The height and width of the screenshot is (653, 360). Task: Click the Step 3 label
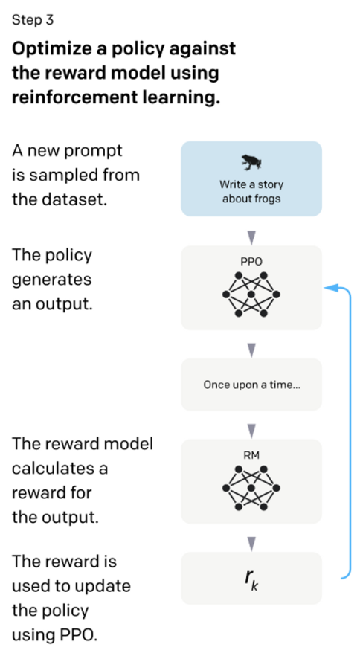[33, 19]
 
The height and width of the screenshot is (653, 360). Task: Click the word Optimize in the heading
[51, 49]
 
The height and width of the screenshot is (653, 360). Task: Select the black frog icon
[251, 162]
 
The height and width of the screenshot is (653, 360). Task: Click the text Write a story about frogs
[251, 192]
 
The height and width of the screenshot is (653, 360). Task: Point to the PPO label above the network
[251, 262]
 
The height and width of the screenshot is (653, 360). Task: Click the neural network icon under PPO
[251, 295]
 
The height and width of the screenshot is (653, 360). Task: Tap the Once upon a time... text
[251, 385]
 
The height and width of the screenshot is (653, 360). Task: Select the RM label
[251, 456]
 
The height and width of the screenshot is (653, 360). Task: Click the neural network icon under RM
[251, 488]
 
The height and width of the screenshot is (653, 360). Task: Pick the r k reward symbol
[251, 579]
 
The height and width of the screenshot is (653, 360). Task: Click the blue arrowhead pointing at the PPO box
[331, 287]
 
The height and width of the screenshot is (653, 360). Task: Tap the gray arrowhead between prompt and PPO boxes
[251, 238]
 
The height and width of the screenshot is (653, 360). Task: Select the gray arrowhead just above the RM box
[251, 431]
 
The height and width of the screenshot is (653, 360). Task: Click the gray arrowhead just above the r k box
[251, 544]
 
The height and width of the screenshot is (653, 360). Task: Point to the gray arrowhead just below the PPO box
[251, 350]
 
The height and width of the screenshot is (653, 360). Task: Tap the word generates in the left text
[51, 280]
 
